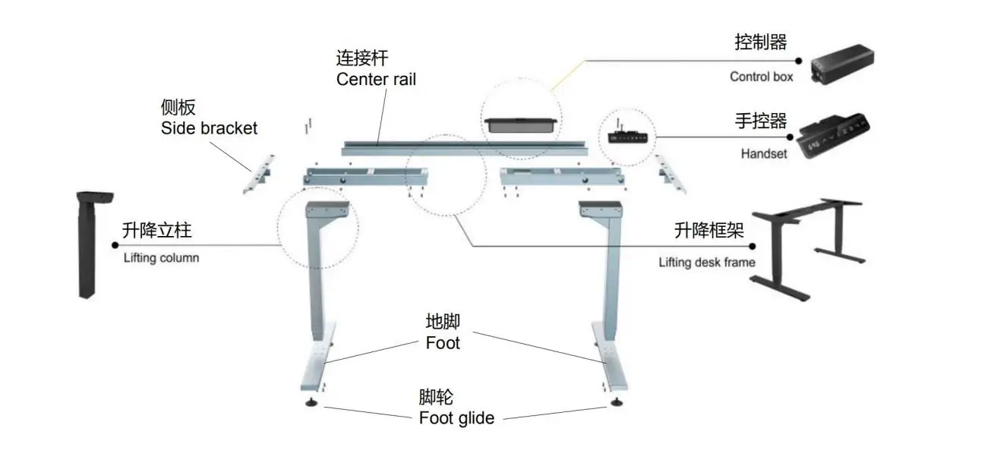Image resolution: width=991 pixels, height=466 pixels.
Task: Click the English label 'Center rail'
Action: [x=376, y=79]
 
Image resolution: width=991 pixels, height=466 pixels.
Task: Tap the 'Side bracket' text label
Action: [x=209, y=128]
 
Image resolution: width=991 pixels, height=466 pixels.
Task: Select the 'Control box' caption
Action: [x=761, y=77]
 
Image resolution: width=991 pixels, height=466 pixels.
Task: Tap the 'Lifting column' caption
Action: [x=161, y=258]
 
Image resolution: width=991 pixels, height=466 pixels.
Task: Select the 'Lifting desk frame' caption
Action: [x=706, y=263]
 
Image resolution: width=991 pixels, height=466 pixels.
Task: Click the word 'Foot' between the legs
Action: [x=443, y=343]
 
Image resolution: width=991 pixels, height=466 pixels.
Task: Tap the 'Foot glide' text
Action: [x=456, y=418]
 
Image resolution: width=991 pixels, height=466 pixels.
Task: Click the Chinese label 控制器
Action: [x=761, y=43]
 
